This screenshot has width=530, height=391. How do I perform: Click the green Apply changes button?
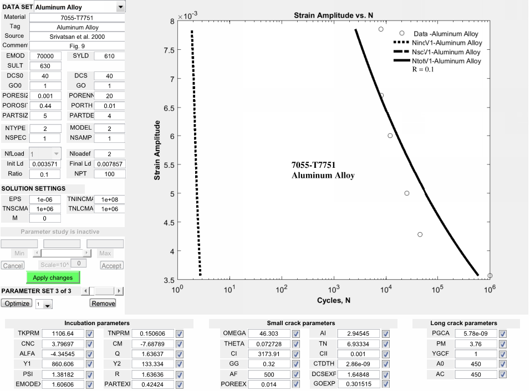coord(53,277)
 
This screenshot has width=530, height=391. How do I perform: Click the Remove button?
coord(103,303)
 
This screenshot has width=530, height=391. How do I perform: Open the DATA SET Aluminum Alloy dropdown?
coord(120,7)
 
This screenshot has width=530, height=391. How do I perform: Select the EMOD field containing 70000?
coord(45,56)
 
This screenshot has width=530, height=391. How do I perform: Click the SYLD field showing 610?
coord(109,56)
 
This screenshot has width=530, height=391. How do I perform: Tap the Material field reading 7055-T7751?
coord(78,18)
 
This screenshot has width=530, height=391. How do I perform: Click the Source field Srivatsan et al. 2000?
coord(78,36)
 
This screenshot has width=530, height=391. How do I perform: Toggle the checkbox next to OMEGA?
coord(296,333)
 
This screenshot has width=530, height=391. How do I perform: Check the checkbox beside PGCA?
coord(502,333)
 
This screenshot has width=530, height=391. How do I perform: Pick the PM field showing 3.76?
coord(476,343)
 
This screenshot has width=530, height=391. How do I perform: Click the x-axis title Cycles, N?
coord(334,300)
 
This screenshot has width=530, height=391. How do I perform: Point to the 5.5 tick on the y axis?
coord(169,164)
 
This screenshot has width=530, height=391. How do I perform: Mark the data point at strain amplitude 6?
coord(390,136)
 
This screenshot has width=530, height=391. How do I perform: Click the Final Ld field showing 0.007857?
coord(109,164)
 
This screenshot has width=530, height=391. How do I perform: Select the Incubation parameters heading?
coord(97,323)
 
